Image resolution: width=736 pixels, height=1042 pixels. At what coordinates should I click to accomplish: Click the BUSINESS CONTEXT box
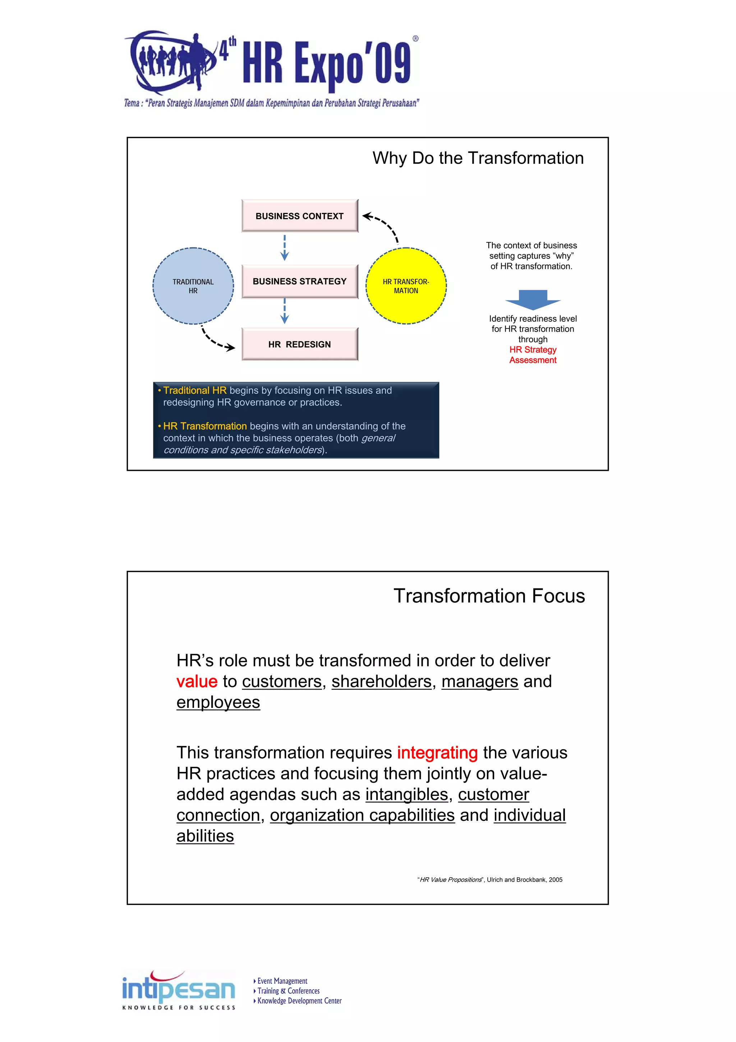(299, 216)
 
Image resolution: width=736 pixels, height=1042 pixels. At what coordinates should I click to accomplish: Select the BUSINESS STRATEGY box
(299, 281)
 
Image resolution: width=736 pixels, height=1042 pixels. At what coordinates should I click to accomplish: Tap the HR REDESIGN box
(299, 345)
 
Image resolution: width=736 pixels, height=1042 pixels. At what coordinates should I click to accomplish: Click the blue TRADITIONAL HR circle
(193, 286)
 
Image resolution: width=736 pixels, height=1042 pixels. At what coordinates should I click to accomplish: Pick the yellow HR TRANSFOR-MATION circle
(406, 286)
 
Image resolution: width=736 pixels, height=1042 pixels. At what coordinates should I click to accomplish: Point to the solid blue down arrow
(533, 300)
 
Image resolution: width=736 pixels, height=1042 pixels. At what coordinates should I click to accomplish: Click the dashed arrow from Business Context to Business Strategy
(285, 248)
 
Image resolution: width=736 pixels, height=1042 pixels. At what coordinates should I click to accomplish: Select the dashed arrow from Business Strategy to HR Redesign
(285, 311)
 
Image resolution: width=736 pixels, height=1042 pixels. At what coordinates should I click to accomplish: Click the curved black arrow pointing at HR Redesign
(215, 340)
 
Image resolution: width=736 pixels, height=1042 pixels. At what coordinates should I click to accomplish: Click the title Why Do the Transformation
(478, 158)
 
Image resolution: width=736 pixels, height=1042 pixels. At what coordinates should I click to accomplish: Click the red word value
(197, 682)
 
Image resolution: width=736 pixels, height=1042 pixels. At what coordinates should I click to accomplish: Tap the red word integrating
(437, 753)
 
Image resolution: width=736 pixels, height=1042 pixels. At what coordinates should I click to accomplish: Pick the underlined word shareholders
(381, 682)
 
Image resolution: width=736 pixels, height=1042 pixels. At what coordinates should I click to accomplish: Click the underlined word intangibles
(407, 795)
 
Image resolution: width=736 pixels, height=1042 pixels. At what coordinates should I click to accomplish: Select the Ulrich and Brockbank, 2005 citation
(490, 879)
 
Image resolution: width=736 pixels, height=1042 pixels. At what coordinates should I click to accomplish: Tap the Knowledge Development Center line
(299, 1001)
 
